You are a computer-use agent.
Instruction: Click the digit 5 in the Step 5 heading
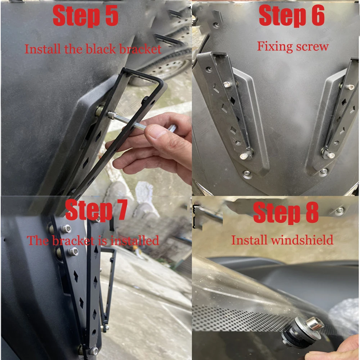(112, 15)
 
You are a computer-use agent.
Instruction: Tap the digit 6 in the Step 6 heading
(318, 15)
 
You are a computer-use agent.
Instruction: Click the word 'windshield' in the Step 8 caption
(302, 240)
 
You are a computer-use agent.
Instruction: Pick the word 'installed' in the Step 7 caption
(135, 240)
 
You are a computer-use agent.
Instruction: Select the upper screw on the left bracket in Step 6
(227, 85)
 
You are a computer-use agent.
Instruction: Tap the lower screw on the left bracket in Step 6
(244, 156)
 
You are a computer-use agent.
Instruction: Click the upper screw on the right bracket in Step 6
(350, 87)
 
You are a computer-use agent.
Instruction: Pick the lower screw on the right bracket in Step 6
(330, 155)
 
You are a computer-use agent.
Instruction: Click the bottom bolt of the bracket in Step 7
(94, 351)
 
